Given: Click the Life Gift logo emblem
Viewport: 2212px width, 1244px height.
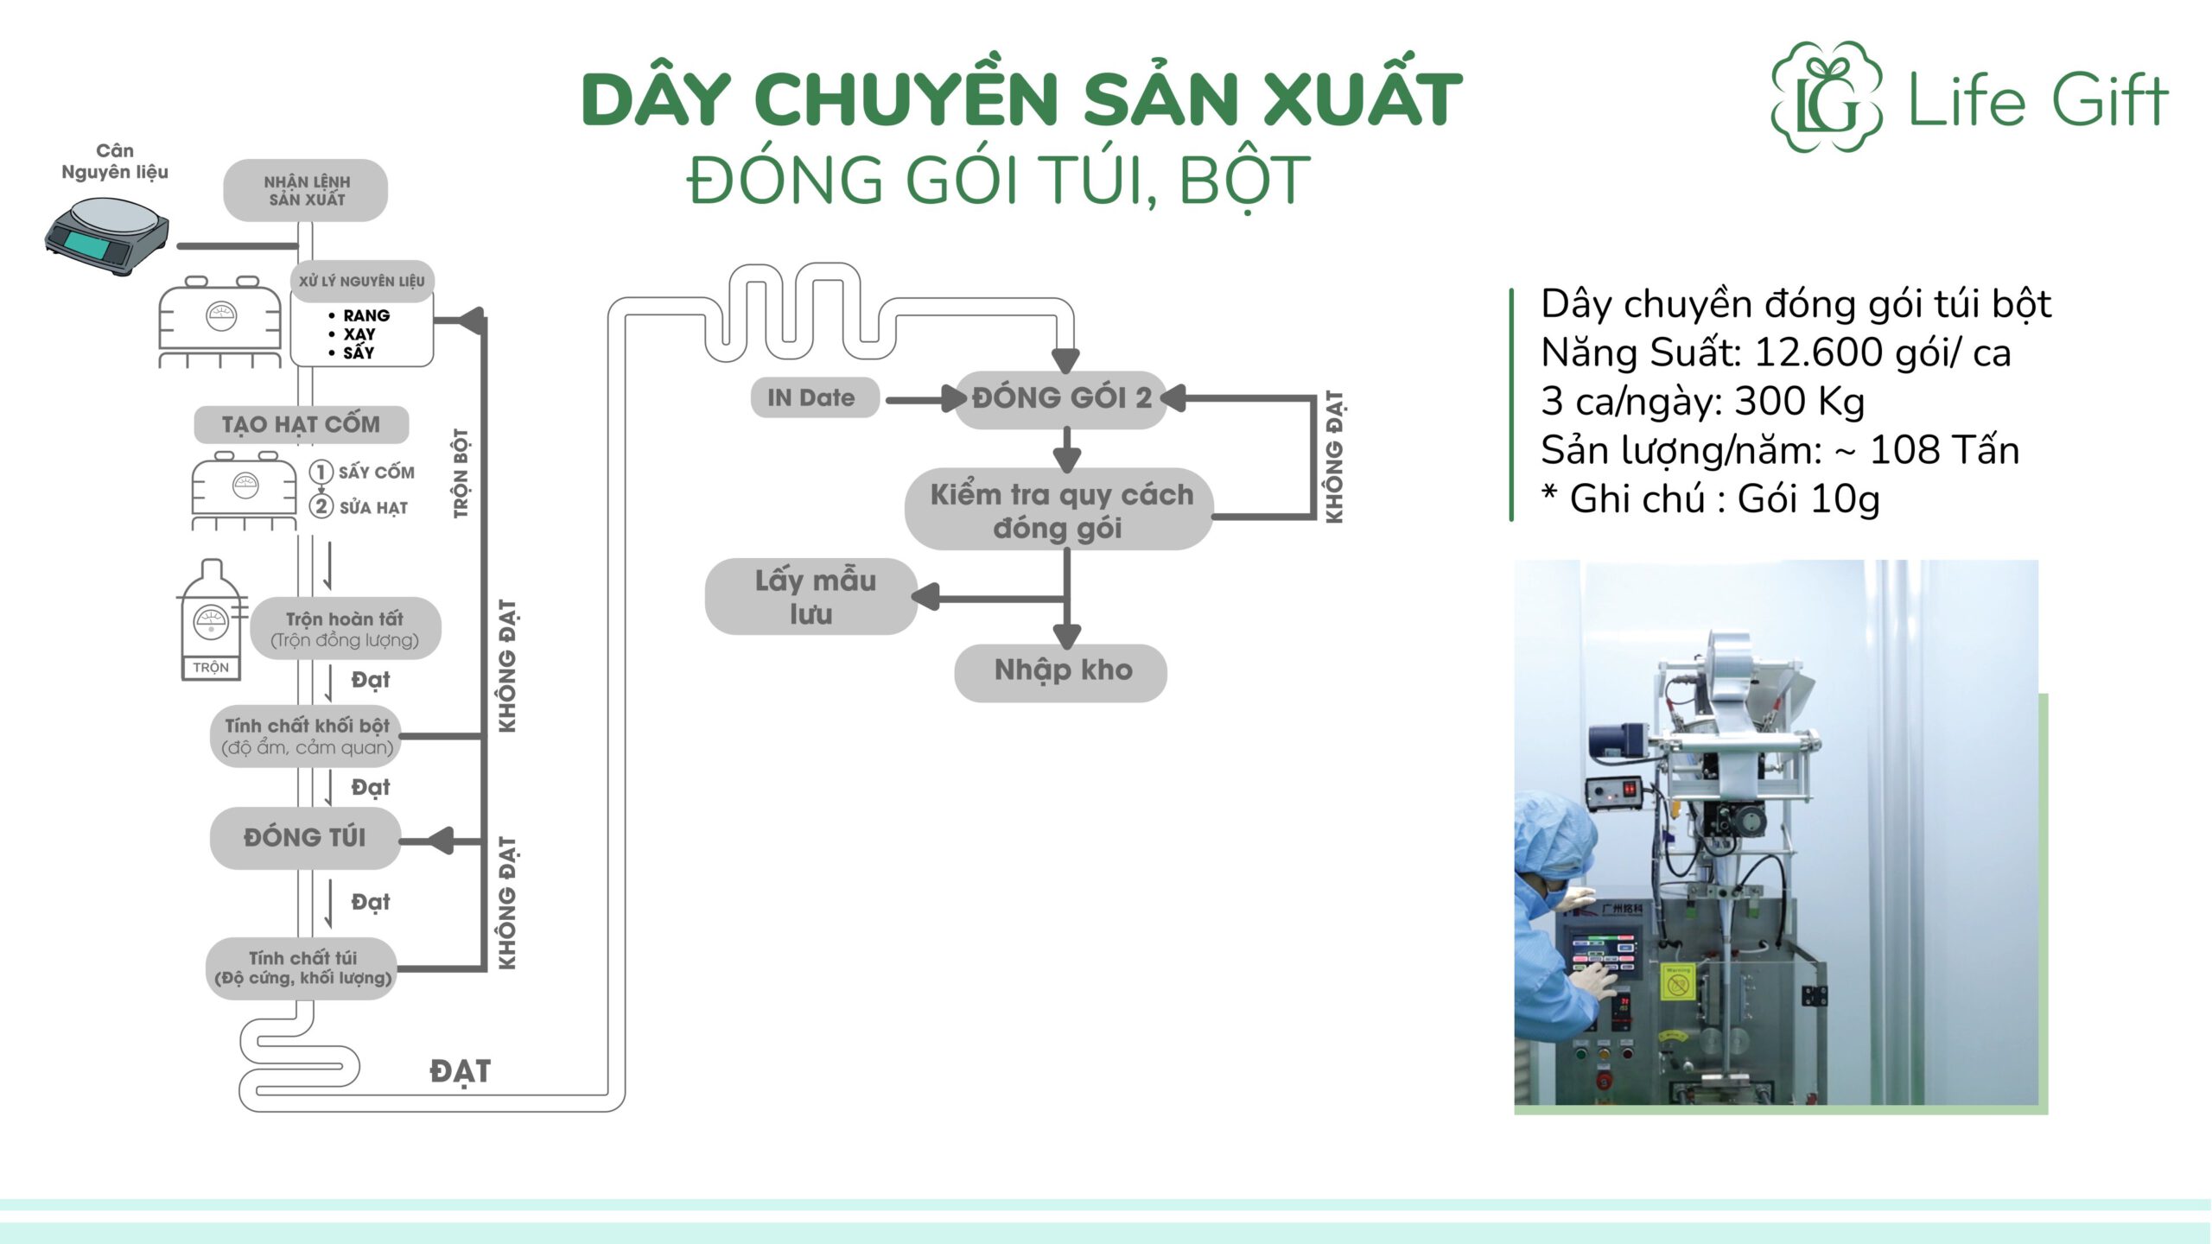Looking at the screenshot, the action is tap(1827, 97).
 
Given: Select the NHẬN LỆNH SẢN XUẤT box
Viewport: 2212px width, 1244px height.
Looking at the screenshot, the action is tap(306, 190).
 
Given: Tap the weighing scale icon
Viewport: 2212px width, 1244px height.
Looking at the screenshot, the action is tap(107, 235).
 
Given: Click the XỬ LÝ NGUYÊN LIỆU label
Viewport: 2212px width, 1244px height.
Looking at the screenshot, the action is tap(362, 281).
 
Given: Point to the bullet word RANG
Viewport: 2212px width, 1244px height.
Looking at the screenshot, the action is tap(366, 315).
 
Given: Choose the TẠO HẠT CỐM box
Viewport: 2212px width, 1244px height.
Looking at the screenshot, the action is tap(301, 424).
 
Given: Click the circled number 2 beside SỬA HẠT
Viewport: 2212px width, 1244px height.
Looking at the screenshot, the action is tap(321, 506).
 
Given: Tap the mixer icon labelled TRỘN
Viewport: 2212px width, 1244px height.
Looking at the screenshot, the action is tap(212, 619).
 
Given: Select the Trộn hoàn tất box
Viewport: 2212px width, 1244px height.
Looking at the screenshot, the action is tap(345, 628).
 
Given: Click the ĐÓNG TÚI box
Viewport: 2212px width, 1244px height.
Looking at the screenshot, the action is tap(305, 837).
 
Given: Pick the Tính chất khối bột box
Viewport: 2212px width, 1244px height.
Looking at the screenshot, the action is tap(307, 736).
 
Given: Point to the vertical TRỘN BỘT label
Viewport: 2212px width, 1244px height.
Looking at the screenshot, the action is tap(461, 473).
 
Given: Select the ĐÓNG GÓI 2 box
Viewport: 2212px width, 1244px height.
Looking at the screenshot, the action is tap(1061, 398).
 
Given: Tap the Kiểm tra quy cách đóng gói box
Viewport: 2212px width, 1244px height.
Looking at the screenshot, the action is tap(1060, 510).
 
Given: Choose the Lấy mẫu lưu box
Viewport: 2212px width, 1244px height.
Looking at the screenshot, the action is tap(812, 597).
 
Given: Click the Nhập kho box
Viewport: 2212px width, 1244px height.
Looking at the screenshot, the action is tap(1061, 671).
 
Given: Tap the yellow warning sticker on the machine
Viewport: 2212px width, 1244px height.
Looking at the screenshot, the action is tap(1676, 983).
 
